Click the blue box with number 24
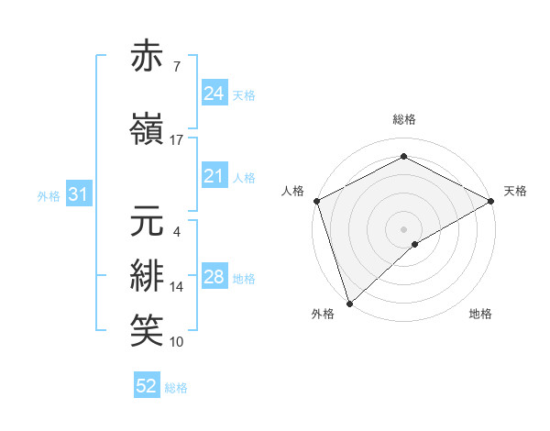(x=214, y=94)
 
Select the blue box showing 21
(x=214, y=177)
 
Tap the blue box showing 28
(x=214, y=277)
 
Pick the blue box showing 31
(x=78, y=194)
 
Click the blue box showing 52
(x=147, y=386)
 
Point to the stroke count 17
(x=177, y=139)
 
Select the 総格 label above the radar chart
(x=403, y=119)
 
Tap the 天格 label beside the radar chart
(x=515, y=191)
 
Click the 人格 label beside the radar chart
(x=293, y=191)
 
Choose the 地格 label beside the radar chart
(x=480, y=314)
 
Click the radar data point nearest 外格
(x=349, y=303)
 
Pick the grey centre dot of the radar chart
(x=403, y=228)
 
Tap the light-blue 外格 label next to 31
(x=49, y=195)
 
